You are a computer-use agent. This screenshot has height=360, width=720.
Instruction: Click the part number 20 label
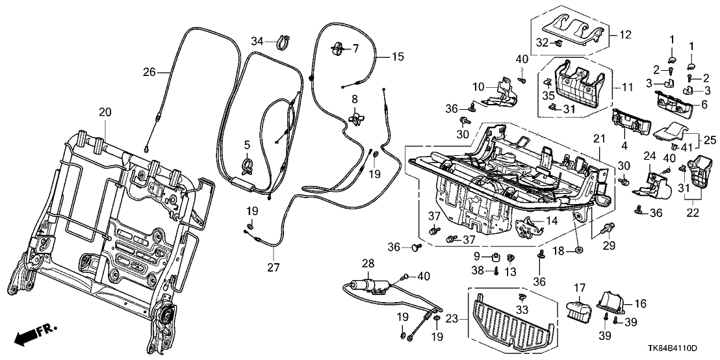point(105,112)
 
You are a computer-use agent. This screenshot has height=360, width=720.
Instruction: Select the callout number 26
point(149,73)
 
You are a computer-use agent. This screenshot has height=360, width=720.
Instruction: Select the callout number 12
point(624,34)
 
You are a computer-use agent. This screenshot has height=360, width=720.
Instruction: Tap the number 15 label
point(398,57)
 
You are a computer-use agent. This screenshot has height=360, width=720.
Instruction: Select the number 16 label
point(641,303)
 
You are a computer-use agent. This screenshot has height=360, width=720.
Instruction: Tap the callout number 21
point(598,138)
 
